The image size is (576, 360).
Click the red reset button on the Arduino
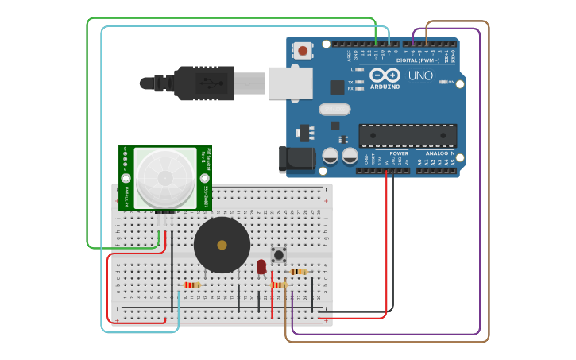point(303,51)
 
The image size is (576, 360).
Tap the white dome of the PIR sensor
point(165,178)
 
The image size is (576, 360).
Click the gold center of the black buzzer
point(222,246)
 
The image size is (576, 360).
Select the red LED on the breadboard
point(261,266)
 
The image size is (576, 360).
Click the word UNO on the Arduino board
point(420,76)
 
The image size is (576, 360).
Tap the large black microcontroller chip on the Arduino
point(408,135)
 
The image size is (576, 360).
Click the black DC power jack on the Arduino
point(296,159)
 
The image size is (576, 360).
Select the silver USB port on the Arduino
point(289,83)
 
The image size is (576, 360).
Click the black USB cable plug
point(203,83)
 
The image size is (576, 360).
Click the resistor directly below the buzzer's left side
point(191,285)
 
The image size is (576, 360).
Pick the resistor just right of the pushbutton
point(299,272)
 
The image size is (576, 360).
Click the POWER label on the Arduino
point(399,153)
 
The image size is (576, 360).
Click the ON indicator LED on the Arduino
point(442,82)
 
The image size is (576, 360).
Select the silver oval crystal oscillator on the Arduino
point(334,109)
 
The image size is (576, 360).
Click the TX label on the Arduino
point(350,82)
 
